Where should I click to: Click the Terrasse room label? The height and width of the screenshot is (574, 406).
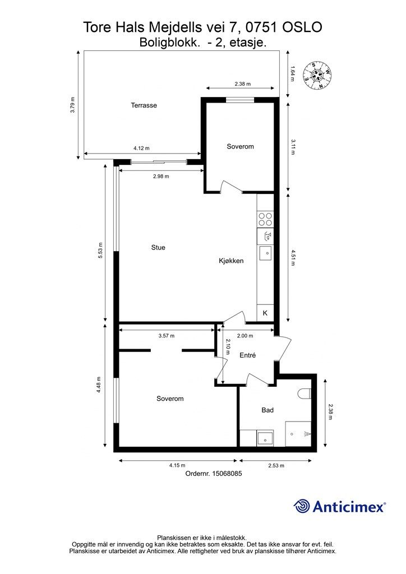144,105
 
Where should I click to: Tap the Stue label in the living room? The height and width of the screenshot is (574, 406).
158,247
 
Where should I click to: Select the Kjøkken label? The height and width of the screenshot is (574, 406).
231,261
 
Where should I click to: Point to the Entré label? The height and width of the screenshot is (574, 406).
247,355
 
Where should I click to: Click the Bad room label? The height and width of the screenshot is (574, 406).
267,410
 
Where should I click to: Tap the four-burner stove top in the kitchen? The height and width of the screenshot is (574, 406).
265,219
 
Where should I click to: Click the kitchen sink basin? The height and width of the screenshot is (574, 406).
266,253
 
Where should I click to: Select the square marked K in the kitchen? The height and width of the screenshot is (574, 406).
265,313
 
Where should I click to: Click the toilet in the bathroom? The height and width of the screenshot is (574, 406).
304,394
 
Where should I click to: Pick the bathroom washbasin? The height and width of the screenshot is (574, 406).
265,438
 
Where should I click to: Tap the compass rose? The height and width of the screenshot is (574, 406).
317,76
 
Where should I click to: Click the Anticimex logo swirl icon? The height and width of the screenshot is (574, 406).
302,506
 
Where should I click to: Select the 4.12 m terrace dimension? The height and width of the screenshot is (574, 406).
141,148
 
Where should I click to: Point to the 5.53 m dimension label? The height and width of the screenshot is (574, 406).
100,251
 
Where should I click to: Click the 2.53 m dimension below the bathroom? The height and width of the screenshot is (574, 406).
276,466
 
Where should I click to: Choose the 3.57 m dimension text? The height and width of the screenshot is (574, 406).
167,336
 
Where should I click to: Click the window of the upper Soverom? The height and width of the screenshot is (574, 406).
240,100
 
